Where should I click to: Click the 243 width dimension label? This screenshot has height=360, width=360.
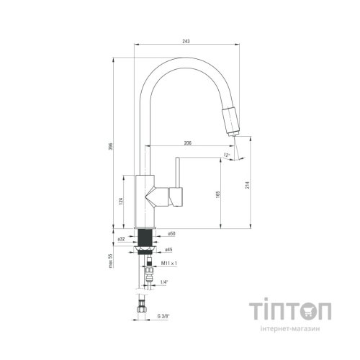click(186, 41)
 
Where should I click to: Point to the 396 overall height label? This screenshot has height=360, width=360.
click(111, 147)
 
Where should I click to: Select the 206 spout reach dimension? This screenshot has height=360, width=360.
click(188, 143)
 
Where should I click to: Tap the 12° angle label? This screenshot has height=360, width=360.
click(226, 155)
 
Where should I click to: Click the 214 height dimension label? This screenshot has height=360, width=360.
click(248, 184)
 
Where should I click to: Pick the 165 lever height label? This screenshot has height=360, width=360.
click(218, 194)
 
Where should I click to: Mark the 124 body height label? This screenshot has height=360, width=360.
click(121, 201)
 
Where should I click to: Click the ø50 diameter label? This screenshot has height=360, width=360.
click(171, 233)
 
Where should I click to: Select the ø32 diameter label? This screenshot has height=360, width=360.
click(121, 239)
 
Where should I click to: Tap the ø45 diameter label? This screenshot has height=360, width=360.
click(168, 250)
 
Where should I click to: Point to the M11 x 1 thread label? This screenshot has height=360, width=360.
click(169, 264)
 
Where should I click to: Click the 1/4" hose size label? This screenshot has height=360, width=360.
click(163, 282)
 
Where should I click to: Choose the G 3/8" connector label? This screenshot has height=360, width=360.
click(163, 316)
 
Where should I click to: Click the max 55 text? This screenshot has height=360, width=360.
click(111, 261)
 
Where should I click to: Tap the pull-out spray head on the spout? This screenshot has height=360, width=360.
click(231, 122)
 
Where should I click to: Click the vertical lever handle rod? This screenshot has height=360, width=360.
click(177, 172)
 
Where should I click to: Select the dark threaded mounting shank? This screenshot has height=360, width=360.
click(145, 238)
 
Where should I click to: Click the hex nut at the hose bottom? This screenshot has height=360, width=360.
click(141, 309)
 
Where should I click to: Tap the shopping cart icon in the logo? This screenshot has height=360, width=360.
click(308, 312)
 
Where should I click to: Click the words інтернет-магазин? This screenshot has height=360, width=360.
click(290, 329)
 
